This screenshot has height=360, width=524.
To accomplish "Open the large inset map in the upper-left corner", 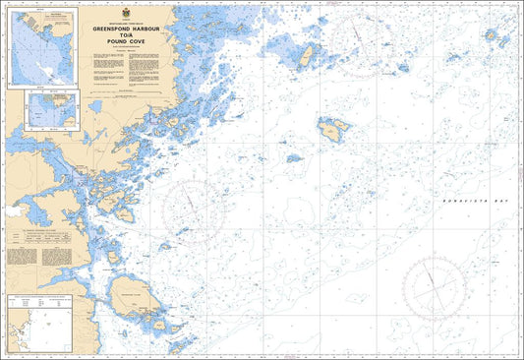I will [x=43, y=47].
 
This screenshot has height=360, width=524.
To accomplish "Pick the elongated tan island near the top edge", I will [x=307, y=58].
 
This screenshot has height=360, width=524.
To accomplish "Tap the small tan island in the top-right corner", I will [x=504, y=41].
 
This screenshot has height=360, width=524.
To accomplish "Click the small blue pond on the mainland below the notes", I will [x=96, y=106].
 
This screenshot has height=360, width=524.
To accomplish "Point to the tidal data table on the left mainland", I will [x=37, y=252].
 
